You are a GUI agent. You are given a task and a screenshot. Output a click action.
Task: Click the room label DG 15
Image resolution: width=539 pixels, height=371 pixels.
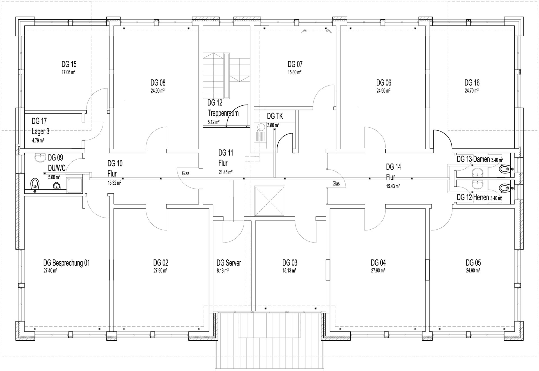[69, 64]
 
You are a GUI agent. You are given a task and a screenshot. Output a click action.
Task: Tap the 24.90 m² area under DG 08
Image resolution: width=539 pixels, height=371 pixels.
[157, 91]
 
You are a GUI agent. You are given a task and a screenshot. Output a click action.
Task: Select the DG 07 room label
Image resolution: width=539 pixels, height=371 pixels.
[295, 64]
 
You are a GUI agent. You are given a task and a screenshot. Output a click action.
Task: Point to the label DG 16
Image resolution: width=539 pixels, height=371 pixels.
[472, 83]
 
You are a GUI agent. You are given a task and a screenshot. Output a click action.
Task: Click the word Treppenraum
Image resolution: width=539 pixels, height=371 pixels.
[223, 113]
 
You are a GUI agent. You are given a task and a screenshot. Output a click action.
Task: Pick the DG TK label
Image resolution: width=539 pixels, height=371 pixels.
[275, 116]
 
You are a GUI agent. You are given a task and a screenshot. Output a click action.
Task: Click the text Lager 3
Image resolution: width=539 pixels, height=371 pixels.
[40, 132]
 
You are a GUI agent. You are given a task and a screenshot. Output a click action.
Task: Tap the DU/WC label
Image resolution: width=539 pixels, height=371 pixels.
[57, 168]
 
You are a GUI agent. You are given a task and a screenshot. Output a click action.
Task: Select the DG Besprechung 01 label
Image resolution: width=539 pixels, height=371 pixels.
[67, 263]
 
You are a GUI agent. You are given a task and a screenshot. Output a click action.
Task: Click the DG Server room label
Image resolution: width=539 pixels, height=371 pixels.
[229, 263]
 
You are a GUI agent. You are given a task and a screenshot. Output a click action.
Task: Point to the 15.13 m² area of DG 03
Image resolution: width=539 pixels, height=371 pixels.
[289, 271]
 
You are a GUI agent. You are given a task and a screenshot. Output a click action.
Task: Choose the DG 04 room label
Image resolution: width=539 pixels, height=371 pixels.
[378, 263]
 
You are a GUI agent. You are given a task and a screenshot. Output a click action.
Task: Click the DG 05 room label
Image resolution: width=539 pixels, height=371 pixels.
[473, 263]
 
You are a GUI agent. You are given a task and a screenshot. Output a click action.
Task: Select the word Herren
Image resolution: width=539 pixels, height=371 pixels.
[481, 197]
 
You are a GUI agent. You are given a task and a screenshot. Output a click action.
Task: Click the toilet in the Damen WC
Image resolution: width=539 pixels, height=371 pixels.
[504, 169]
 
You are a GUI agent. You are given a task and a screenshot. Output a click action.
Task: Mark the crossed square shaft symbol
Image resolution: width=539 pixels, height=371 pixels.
[269, 201]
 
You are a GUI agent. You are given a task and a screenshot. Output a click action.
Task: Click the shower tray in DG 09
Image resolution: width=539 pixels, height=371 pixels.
[74, 185]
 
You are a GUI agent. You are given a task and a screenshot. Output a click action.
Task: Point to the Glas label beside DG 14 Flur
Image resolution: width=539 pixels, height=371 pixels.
[336, 184]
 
